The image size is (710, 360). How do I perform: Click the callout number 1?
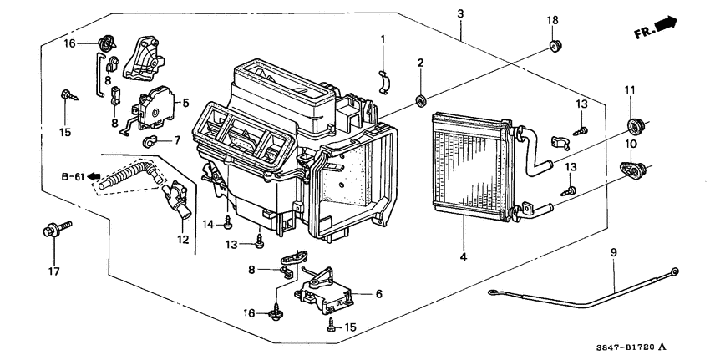[x=383, y=39]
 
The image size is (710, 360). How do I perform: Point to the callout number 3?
[x=460, y=13]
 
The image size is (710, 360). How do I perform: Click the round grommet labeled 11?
[x=636, y=126]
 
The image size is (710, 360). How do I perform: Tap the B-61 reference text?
[x=74, y=177]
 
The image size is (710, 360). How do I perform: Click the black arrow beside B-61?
[x=96, y=177]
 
